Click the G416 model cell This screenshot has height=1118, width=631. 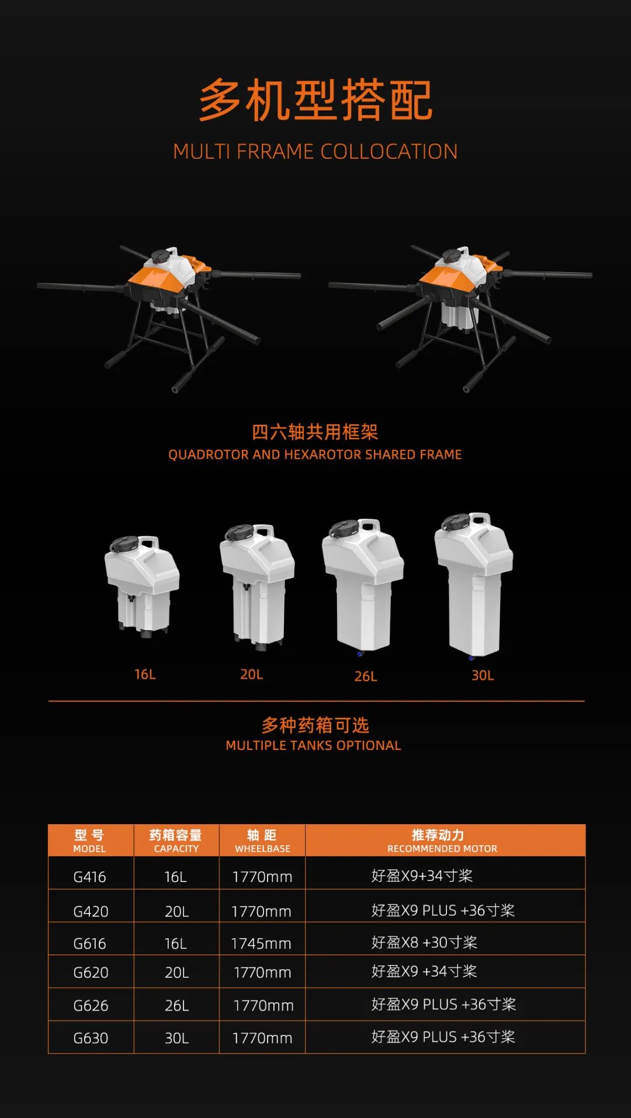90,876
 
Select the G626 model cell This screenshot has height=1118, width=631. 91,1005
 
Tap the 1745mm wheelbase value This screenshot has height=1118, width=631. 261,943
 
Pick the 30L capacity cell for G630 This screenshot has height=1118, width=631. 176,1038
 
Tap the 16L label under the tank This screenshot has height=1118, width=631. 145,674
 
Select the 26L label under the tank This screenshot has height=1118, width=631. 366,676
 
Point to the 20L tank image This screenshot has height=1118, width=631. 257,586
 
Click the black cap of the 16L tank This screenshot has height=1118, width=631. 124,544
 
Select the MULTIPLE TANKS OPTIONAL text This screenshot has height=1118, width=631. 313,745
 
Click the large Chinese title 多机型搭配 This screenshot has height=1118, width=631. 315,100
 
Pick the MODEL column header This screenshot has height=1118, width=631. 90,841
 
